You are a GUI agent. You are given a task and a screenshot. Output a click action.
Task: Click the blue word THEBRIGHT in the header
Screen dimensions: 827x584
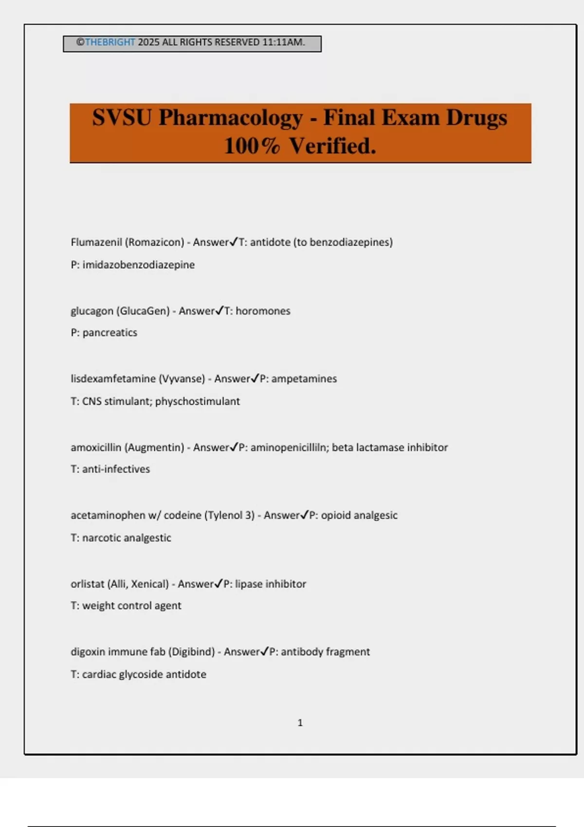pyautogui.click(x=110, y=42)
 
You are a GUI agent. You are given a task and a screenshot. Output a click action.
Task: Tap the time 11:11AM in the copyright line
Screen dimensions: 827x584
pyautogui.click(x=283, y=42)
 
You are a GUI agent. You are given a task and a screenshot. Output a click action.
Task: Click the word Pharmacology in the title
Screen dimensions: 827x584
pyautogui.click(x=231, y=118)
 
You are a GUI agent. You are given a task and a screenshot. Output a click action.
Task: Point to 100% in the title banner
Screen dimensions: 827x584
pyautogui.click(x=252, y=146)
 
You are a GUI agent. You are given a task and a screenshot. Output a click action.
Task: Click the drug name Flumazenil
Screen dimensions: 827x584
pyautogui.click(x=96, y=242)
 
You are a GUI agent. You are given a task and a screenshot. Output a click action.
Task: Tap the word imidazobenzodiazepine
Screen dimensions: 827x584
pyautogui.click(x=138, y=265)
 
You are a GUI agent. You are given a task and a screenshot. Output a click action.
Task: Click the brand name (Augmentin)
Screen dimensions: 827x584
pyautogui.click(x=154, y=448)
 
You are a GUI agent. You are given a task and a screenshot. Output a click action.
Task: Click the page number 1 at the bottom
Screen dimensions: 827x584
pyautogui.click(x=300, y=723)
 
